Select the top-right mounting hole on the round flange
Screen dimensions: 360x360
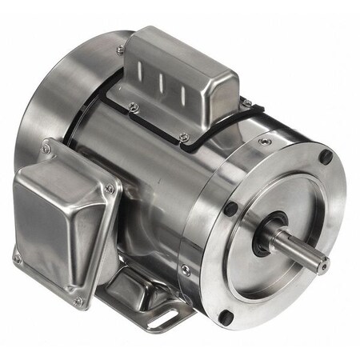coord(325,158)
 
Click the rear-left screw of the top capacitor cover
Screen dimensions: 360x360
coord(120,50)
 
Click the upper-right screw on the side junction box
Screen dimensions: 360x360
coord(109,189)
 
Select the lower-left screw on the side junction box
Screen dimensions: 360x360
coord(16,258)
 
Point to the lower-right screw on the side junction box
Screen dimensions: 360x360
coord(78,301)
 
